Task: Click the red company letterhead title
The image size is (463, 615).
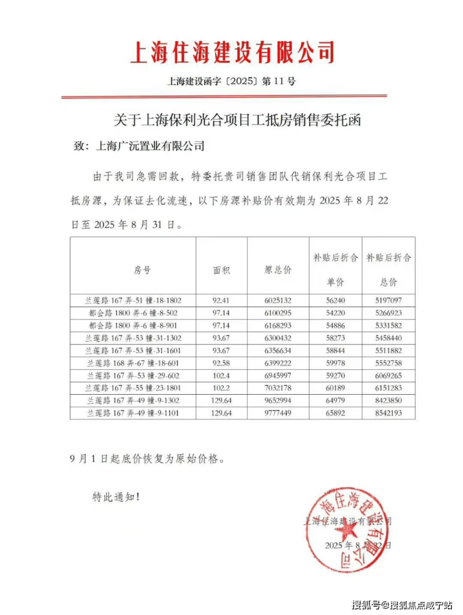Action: coord(232,51)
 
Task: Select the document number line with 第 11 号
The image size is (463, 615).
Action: coord(232,81)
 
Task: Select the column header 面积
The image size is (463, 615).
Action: coord(221,270)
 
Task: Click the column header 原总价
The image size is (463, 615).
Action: coord(277,270)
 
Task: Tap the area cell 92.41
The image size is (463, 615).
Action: coord(221,300)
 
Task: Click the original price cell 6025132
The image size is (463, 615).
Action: coord(277,300)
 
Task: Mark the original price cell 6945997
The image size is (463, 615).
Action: coord(277,375)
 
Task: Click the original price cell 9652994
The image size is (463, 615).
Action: coord(277,400)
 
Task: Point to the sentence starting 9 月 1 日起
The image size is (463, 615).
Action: coord(146,458)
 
